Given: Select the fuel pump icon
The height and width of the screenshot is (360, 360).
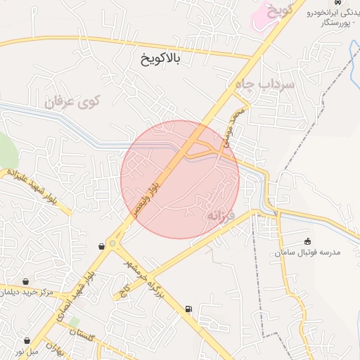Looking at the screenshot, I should pos(188,309).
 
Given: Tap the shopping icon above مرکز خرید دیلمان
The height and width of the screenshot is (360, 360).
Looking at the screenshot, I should pos(26,281).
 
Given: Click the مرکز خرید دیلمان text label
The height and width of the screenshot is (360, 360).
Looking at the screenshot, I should pos(27,292).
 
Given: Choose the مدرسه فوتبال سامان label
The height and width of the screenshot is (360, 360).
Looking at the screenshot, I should pos(309,251).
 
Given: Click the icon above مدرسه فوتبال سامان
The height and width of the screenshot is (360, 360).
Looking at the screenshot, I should pos(307,241).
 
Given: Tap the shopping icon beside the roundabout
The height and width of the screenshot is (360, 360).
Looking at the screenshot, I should pos(103,246).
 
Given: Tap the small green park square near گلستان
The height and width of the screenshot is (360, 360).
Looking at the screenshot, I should pos(74,322).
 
